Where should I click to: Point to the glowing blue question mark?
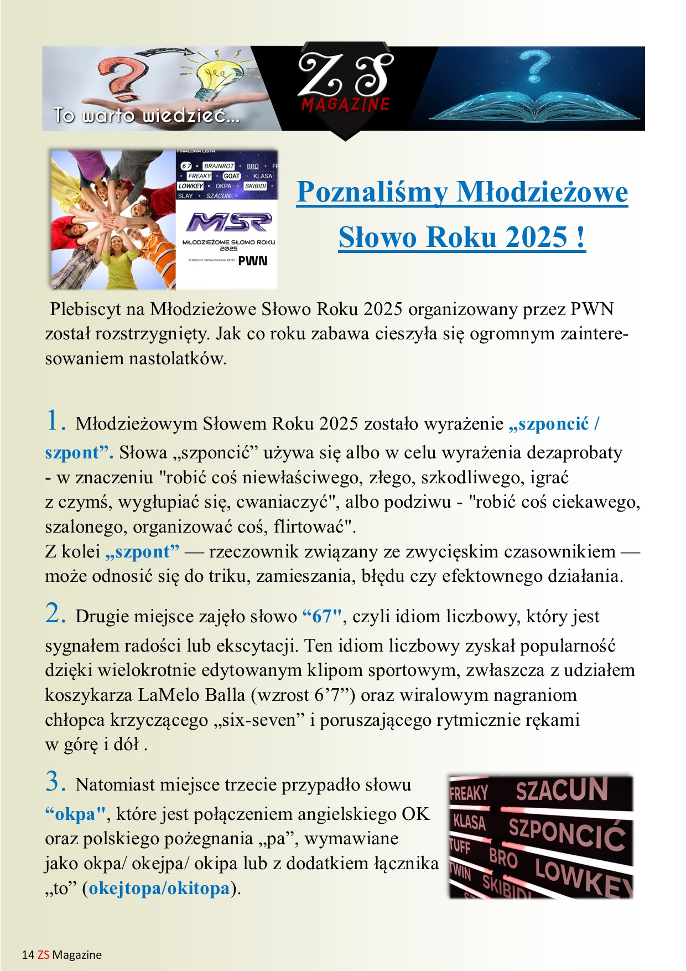pyautogui.click(x=536, y=65)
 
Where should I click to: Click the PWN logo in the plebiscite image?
pyautogui.click(x=253, y=261)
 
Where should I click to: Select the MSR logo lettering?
pyautogui.click(x=228, y=223)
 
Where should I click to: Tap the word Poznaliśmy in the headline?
pyautogui.click(x=372, y=193)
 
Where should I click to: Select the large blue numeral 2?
pyautogui.click(x=55, y=613)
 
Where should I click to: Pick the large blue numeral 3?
pyautogui.click(x=55, y=782)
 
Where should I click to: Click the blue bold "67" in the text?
pyautogui.click(x=323, y=616)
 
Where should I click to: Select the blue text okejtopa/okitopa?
pyautogui.click(x=159, y=889)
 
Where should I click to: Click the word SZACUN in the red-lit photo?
pyautogui.click(x=562, y=790)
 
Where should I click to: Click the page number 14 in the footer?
pyautogui.click(x=28, y=955)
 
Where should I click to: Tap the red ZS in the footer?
pyautogui.click(x=43, y=955)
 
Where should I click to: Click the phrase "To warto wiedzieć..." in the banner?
pyautogui.click(x=146, y=116)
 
